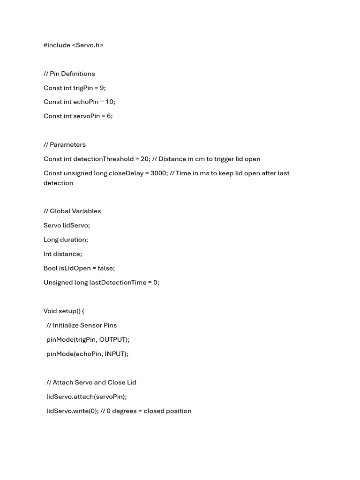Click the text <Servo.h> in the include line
tap(88, 45)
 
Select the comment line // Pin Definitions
tap(69, 74)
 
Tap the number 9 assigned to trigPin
tap(102, 88)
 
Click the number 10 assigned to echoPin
tap(110, 102)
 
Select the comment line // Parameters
tap(65, 144)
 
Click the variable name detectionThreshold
tap(103, 159)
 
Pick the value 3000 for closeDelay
tap(158, 173)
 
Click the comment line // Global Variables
tap(72, 211)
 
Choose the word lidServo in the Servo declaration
tap(76, 225)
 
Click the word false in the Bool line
tap(105, 268)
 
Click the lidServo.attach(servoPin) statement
tap(87, 397)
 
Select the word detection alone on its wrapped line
tap(58, 183)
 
